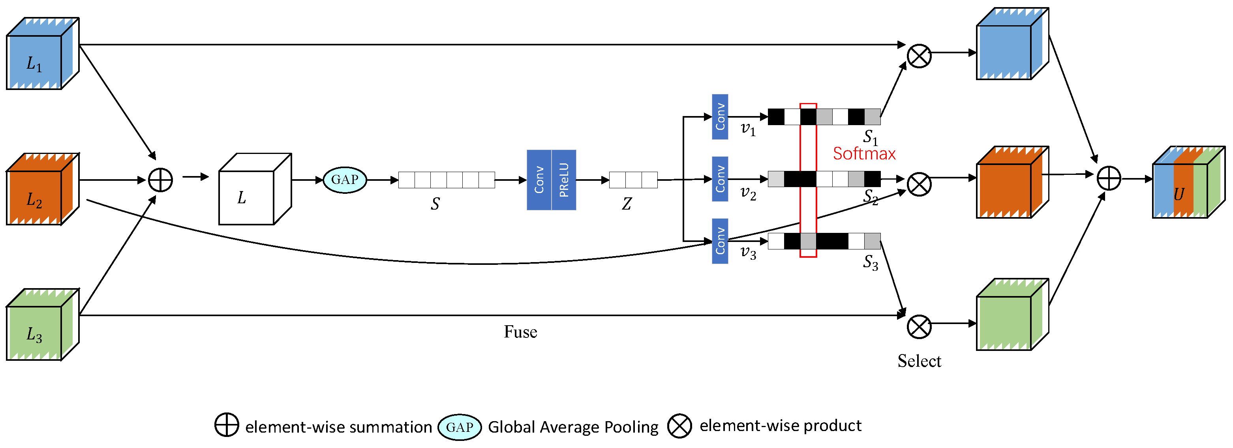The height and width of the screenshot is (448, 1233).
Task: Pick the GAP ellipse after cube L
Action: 345,180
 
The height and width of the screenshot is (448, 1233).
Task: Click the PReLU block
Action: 564,180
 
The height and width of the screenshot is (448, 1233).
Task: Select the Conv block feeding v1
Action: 720,117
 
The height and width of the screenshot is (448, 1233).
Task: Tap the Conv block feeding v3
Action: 720,241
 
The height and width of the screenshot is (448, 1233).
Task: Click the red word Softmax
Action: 864,154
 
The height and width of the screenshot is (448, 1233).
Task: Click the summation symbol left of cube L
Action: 160,180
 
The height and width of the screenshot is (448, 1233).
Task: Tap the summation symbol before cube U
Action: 1109,178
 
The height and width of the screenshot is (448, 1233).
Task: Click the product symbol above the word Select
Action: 919,327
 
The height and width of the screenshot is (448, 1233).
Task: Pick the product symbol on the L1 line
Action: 919,56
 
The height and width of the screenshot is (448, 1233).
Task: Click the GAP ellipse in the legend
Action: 460,427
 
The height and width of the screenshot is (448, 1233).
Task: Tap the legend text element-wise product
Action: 780,426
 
